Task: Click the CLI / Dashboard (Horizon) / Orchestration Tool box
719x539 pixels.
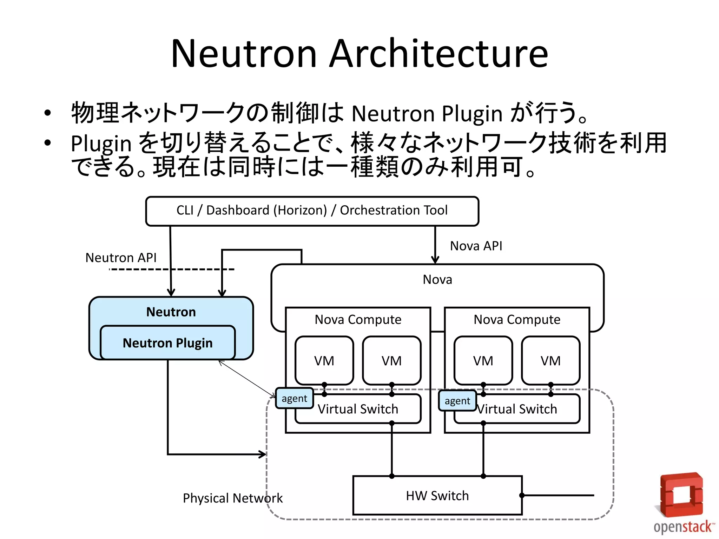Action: point(312,211)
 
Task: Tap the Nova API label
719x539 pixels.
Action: point(476,246)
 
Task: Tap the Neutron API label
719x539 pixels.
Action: point(121,258)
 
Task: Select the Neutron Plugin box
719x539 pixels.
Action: point(167,343)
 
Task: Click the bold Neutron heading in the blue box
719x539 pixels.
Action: point(171,312)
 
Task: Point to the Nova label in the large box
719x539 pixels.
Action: point(437,280)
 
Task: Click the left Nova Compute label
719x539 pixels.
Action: point(358,320)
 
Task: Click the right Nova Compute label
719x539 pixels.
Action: point(517,320)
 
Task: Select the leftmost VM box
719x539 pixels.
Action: point(324,360)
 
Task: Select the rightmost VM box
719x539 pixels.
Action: point(550,360)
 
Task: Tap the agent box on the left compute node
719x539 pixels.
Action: point(294,399)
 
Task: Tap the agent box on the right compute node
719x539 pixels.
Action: point(457,401)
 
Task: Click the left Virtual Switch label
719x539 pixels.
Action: point(358,409)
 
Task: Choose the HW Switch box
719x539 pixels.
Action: point(437,495)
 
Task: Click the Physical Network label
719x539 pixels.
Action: point(232,498)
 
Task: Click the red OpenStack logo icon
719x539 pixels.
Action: point(681,495)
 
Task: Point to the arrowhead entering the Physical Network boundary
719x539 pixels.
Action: point(263,454)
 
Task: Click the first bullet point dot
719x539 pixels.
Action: point(48,113)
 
